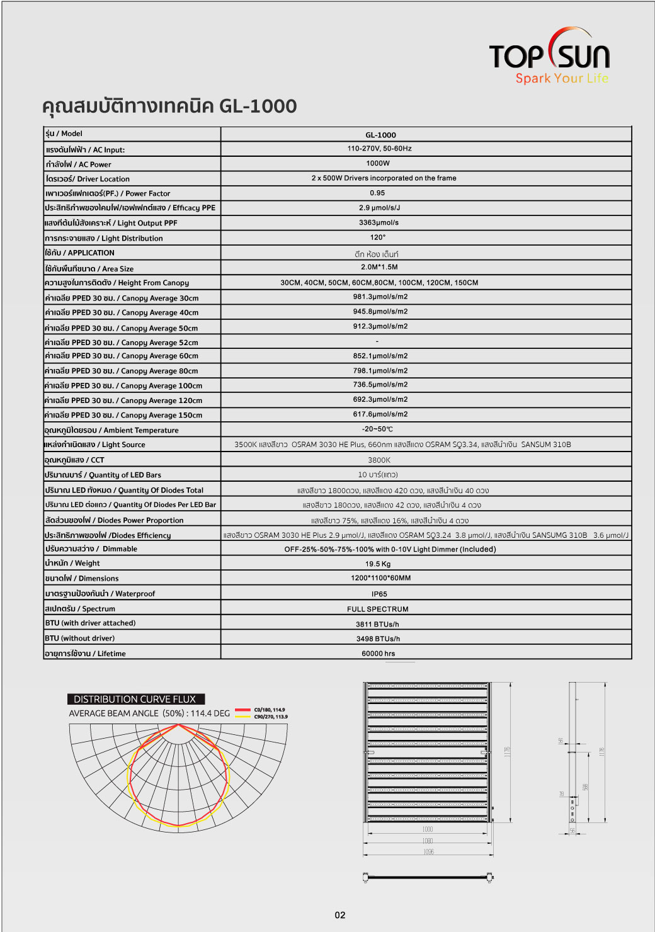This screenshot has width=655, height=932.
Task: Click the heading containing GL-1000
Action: click(169, 106)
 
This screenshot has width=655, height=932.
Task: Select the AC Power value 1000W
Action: click(378, 163)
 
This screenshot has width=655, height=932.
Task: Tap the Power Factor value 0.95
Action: click(377, 193)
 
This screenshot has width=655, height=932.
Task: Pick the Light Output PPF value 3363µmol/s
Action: click(379, 222)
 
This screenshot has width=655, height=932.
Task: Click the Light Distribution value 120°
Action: click(378, 237)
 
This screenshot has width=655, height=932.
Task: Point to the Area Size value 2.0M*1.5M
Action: click(379, 267)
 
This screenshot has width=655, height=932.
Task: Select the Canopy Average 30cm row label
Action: click(122, 298)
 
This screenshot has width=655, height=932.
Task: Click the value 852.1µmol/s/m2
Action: click(380, 356)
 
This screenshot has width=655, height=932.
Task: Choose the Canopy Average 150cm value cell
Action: click(380, 414)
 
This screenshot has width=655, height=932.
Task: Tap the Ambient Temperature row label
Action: click(111, 430)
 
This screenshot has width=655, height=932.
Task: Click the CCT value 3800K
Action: click(379, 460)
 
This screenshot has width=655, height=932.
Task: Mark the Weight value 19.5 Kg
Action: click(378, 564)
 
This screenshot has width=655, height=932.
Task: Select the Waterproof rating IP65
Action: click(379, 594)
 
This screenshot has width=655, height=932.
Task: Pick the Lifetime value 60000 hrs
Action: click(378, 654)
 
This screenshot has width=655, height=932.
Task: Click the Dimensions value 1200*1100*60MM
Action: click(380, 578)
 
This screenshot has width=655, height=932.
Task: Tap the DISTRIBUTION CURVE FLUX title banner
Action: click(135, 699)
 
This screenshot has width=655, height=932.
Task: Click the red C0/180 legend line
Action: click(242, 710)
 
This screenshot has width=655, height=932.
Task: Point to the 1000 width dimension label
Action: click(428, 829)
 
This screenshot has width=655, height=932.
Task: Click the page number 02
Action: click(340, 915)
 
